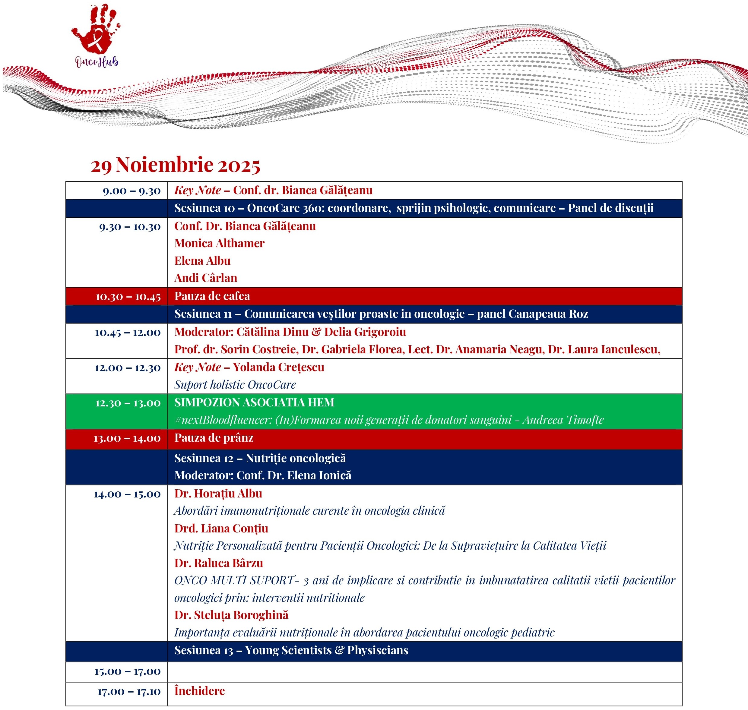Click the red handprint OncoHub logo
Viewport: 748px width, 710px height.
click(x=96, y=34)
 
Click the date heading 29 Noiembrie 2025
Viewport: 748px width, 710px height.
click(x=175, y=165)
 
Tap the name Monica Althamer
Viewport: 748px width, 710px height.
click(x=219, y=243)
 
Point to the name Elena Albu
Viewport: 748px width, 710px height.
click(x=202, y=261)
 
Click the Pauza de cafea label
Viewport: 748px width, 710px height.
click(x=212, y=296)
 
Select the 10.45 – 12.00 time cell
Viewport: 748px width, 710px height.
click(x=128, y=332)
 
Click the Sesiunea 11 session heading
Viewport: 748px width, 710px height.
click(x=381, y=314)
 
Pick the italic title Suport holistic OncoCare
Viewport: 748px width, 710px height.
click(x=235, y=384)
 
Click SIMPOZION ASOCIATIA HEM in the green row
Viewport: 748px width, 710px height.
click(x=254, y=402)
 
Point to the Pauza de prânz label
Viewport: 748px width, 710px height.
click(x=214, y=438)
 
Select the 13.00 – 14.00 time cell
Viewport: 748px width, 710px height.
click(x=127, y=438)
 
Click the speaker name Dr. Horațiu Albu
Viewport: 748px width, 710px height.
click(x=218, y=494)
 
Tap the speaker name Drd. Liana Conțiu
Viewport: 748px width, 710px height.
click(x=221, y=528)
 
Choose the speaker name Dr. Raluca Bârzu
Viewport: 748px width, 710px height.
click(x=218, y=563)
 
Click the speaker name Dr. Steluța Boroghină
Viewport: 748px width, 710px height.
click(x=231, y=615)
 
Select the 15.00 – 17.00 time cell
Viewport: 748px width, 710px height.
click(x=127, y=671)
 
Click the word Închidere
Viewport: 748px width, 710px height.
click(x=199, y=691)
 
